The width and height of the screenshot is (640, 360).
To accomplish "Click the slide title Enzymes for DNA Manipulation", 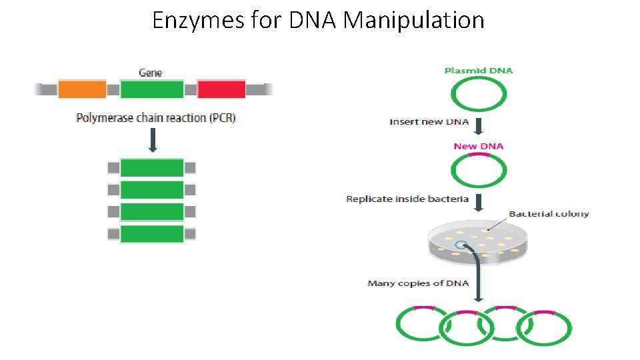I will click(x=318, y=21).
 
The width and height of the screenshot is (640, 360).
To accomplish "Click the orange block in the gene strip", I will click(x=82, y=89).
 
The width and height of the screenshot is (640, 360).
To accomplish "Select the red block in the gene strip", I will click(x=221, y=89).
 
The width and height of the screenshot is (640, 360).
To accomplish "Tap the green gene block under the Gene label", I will click(x=151, y=89).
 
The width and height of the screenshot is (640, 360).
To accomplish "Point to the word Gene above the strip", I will click(x=150, y=73).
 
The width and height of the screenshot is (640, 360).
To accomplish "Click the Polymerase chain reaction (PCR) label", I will click(x=156, y=118).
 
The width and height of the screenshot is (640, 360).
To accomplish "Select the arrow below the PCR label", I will click(x=153, y=139).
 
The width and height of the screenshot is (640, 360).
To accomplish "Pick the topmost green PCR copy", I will click(x=151, y=167).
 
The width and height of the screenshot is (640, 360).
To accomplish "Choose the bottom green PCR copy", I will click(x=151, y=234).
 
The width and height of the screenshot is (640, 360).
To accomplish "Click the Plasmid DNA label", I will click(x=479, y=71).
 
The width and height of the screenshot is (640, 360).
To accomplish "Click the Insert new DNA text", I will click(x=429, y=122).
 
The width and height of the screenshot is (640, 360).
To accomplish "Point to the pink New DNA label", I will click(x=478, y=147).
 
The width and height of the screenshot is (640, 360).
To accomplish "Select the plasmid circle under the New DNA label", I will click(x=479, y=170).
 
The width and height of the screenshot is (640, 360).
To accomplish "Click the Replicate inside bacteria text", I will click(x=407, y=199).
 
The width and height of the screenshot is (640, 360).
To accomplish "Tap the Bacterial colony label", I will click(x=549, y=214).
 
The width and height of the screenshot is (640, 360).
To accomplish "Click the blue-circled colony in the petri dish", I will click(x=460, y=245).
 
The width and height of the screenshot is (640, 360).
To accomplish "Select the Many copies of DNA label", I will click(x=418, y=283).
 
